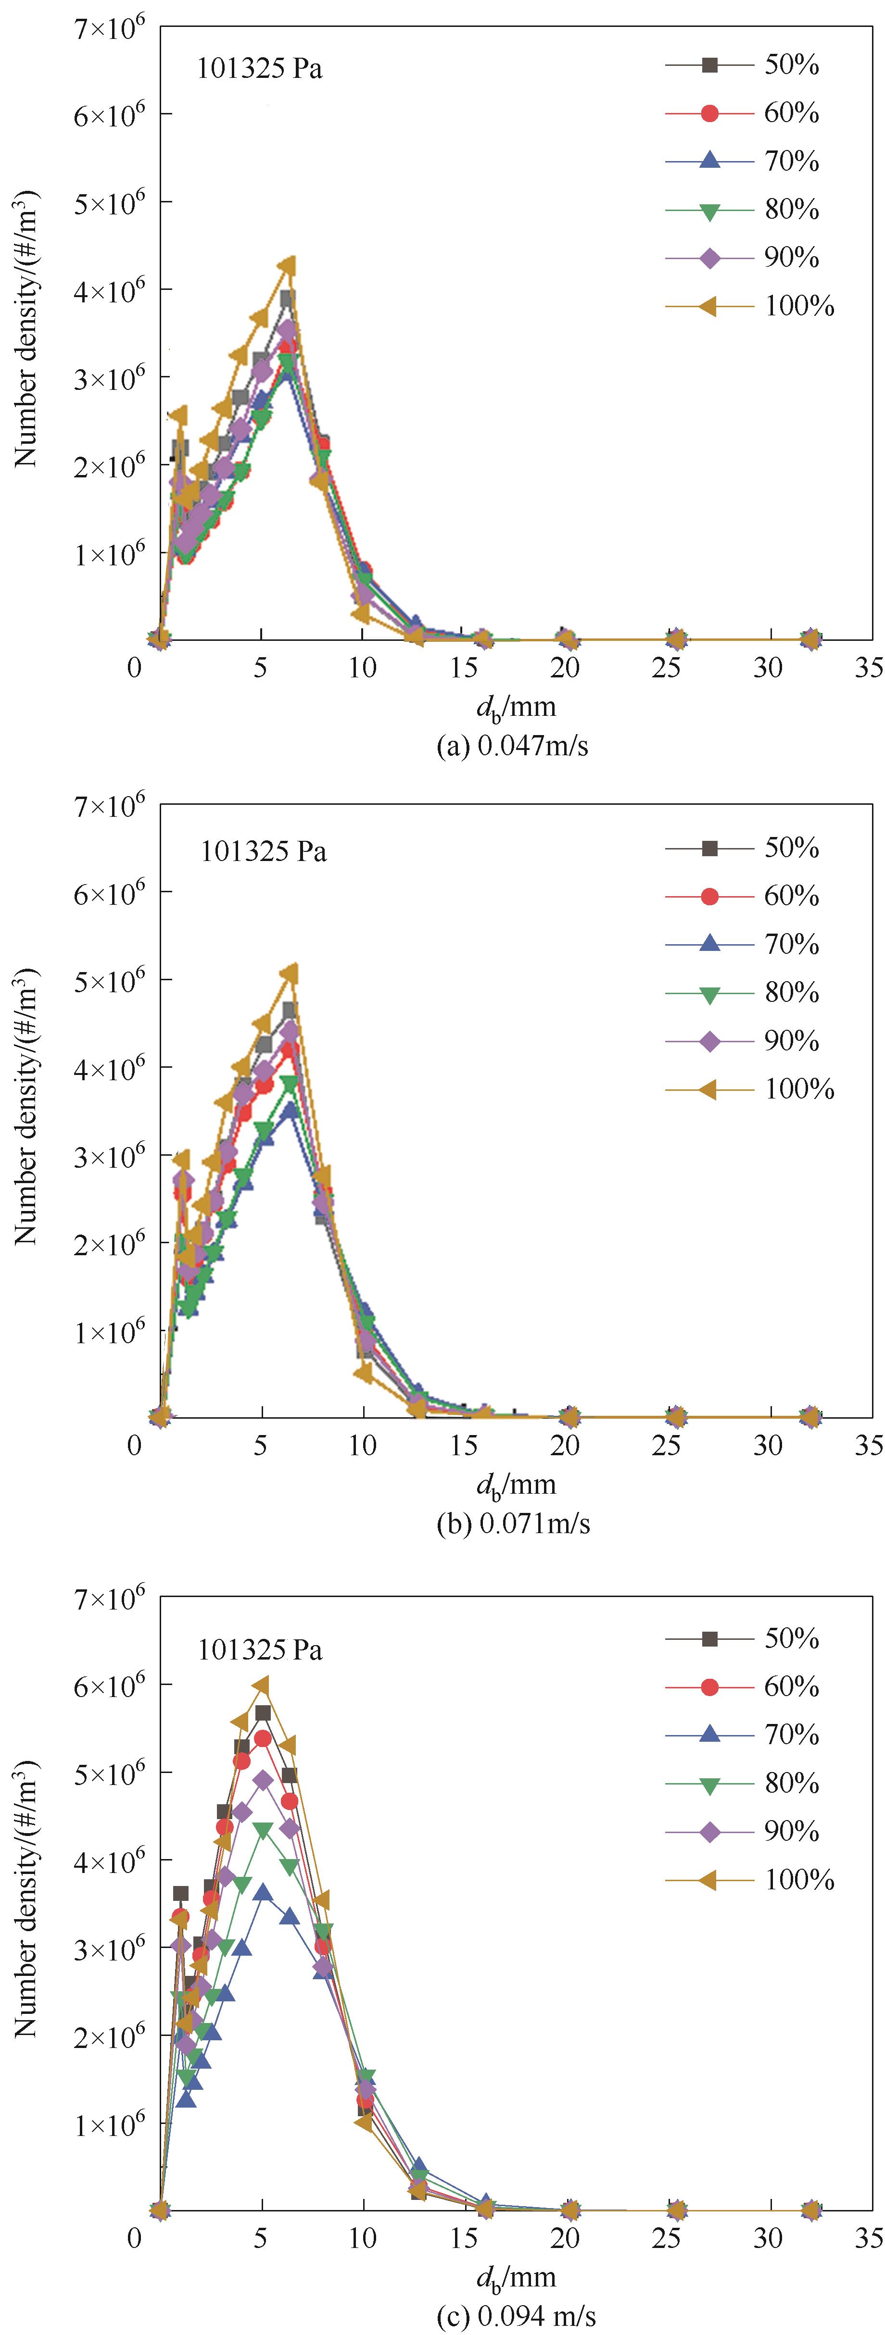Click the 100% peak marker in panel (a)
289,265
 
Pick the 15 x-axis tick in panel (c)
463,2238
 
